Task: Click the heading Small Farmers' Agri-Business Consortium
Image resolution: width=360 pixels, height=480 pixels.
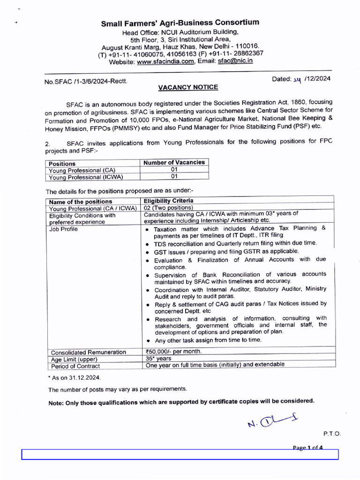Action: tap(180, 23)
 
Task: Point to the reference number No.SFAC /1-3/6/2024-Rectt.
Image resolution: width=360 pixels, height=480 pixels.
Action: tap(86, 81)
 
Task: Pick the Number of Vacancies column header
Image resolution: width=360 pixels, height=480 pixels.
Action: tap(174, 163)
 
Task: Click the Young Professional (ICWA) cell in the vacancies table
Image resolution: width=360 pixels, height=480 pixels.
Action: tap(86, 177)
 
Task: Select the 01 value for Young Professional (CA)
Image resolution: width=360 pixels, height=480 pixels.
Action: tap(174, 170)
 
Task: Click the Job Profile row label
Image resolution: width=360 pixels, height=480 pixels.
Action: tap(64, 229)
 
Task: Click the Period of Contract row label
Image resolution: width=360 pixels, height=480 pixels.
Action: tap(75, 366)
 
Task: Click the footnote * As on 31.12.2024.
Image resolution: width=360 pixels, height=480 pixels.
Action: tap(74, 377)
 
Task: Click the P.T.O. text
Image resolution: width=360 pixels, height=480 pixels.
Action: tap(332, 434)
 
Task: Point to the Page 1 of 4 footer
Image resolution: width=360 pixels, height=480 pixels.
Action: tap(307, 448)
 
